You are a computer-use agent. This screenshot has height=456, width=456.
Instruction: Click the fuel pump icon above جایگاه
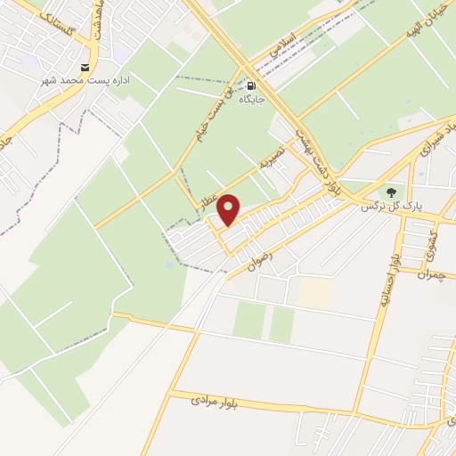click(251, 85)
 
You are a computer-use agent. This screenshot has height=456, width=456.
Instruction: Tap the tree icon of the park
click(388, 191)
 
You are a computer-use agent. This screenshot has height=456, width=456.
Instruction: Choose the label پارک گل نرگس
click(389, 206)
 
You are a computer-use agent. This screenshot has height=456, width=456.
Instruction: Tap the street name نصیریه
click(272, 160)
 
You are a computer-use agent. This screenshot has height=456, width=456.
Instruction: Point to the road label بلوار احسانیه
click(388, 282)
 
